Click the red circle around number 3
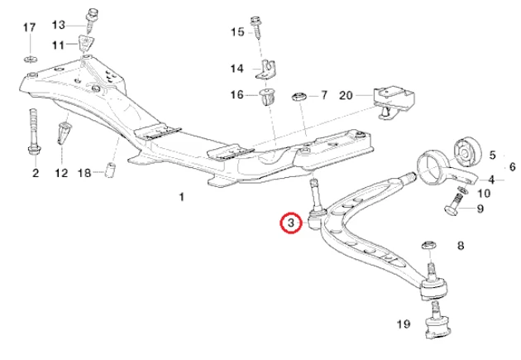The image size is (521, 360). [291, 223]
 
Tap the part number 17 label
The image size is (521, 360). [29, 28]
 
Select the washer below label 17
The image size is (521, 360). [29, 59]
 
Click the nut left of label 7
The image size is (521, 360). [299, 97]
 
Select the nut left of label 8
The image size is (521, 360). [430, 245]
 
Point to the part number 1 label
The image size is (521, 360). [181, 197]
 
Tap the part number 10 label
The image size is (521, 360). [485, 194]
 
